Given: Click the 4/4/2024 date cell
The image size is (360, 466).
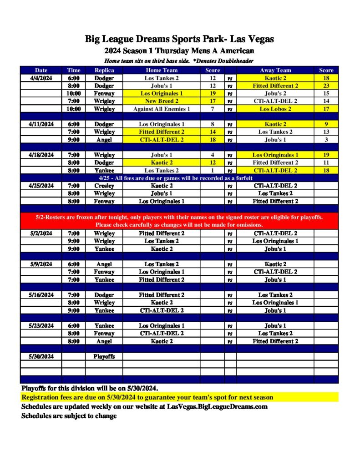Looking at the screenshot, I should pos(41,78).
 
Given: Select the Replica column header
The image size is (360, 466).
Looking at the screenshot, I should pos(104,70).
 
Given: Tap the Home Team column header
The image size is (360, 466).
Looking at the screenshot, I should pos(162,70).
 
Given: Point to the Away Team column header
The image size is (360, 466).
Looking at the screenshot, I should pos(275,70).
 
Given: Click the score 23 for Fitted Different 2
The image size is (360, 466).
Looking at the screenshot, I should pos(326,86).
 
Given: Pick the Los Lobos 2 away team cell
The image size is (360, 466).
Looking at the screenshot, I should pos(275,109).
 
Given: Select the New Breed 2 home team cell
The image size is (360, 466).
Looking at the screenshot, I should pos(162,101).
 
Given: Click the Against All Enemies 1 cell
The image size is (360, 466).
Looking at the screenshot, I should pos(162,109).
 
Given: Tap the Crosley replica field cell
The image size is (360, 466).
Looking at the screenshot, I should pos(104,186).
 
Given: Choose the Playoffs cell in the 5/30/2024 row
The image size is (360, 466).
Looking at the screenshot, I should pos(104,356).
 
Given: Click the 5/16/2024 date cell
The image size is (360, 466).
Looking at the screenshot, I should pos(41,295).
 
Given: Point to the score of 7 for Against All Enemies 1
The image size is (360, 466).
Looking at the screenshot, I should pos(213,109).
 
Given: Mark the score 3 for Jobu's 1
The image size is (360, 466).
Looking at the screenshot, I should pos(326,140).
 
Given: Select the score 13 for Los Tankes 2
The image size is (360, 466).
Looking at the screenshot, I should pos(326,132).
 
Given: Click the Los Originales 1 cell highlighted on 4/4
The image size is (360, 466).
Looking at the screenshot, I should pos(162,93).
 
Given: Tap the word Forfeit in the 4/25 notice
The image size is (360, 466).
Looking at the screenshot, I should pos(280,178).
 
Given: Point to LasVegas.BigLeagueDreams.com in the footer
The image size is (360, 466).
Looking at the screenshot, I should pos(217,406).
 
